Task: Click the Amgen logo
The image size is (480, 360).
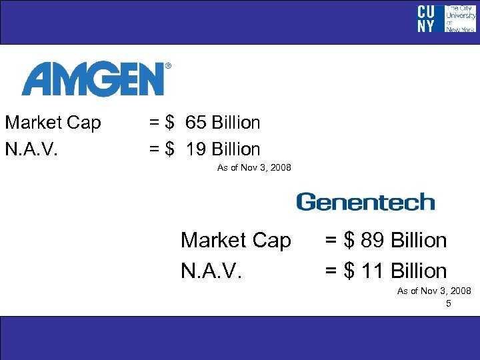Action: [93, 80]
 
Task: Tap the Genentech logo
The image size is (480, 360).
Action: [365, 202]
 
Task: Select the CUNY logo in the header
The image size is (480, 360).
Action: [426, 19]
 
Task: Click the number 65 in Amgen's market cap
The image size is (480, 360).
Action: [196, 123]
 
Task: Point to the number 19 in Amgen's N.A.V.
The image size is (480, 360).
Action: [196, 149]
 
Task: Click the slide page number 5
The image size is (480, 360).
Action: [449, 303]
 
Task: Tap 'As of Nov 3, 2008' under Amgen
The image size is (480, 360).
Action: [254, 167]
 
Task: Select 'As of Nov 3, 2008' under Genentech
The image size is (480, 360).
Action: [434, 291]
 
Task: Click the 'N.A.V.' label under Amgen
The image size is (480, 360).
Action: [31, 149]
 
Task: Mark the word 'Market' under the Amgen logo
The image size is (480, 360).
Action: [33, 123]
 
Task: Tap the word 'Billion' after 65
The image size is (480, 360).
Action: [235, 123]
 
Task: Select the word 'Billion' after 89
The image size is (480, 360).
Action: [419, 240]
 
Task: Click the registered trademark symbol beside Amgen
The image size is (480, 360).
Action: [168, 66]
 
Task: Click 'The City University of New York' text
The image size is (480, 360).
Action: [459, 19]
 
